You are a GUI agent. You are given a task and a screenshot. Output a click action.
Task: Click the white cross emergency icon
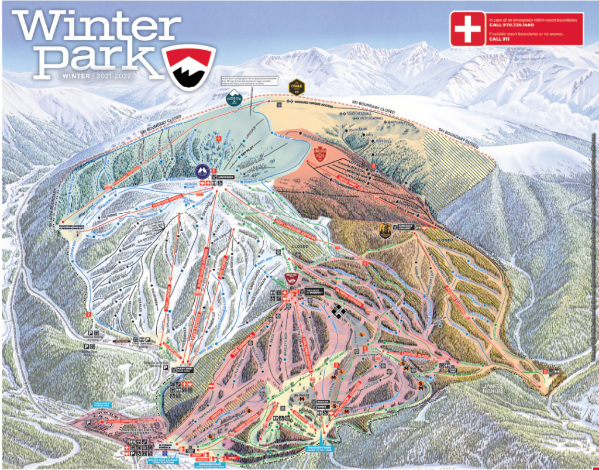(467, 29)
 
